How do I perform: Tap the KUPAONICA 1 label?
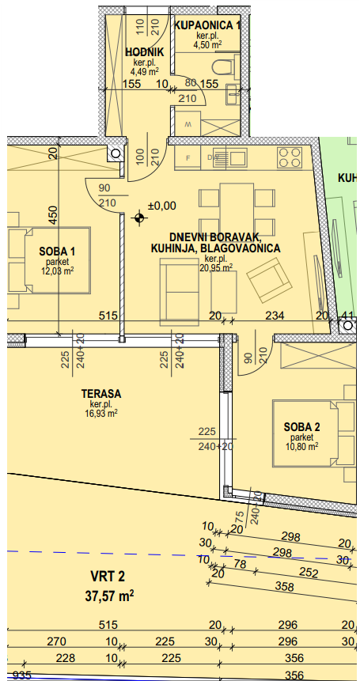pyautogui.click(x=207, y=25)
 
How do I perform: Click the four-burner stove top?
pyautogui.click(x=290, y=157)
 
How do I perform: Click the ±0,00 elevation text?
pyautogui.click(x=162, y=206)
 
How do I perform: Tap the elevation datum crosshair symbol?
pyautogui.click(x=138, y=218)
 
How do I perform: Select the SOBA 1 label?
pyautogui.click(x=57, y=251)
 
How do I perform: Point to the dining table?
pyautogui.click(x=237, y=204)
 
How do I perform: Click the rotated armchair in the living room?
pyautogui.click(x=269, y=280)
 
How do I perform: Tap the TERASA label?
pyautogui.click(x=101, y=394)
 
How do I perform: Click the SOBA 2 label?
pyautogui.click(x=302, y=426)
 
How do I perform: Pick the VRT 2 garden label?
pyautogui.click(x=108, y=577)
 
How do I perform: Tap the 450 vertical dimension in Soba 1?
pyautogui.click(x=52, y=214)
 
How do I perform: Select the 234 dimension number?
pyautogui.click(x=275, y=316)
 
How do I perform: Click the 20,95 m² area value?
pyautogui.click(x=215, y=268)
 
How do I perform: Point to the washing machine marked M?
pyautogui.click(x=188, y=123)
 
